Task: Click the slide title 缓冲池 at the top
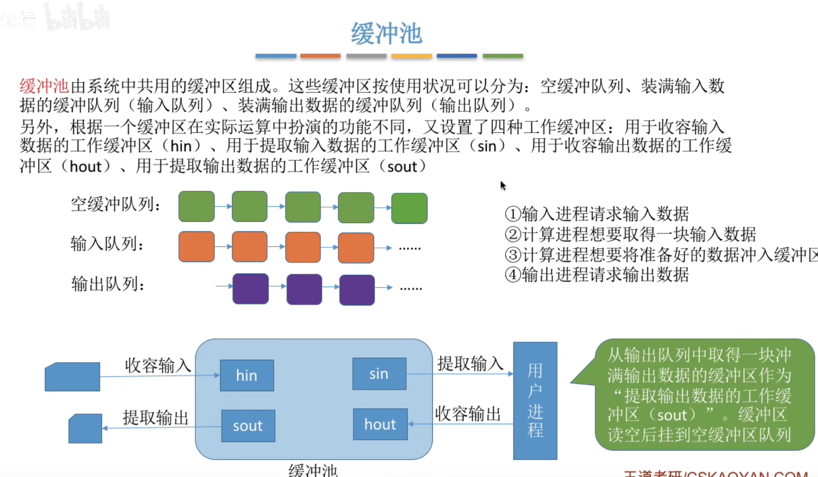(386, 33)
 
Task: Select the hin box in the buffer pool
(247, 376)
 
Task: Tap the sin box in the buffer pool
(379, 374)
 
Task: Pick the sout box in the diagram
(248, 426)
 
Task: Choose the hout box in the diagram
(380, 424)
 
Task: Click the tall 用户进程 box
(535, 401)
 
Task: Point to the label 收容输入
(158, 365)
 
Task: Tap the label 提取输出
(156, 417)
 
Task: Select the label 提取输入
(470, 363)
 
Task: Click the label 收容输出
(468, 414)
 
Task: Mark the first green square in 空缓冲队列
(197, 207)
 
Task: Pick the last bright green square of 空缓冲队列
(409, 208)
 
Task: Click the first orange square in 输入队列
(197, 247)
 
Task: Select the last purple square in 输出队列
(357, 290)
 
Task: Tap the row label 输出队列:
(108, 284)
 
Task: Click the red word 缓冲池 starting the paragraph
(44, 86)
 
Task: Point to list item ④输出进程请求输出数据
(597, 275)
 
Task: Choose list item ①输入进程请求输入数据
(597, 214)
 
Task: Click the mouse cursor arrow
(503, 186)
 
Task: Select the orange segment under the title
(320, 56)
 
